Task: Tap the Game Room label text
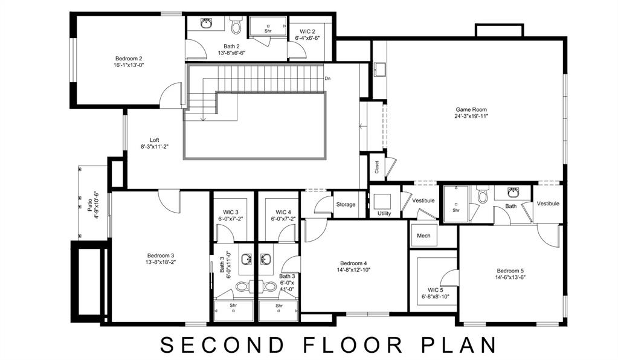click(471, 110)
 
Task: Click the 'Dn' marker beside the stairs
click(327, 79)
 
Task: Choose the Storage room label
click(346, 205)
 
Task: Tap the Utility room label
click(384, 214)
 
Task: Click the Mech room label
click(423, 236)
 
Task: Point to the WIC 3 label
click(230, 212)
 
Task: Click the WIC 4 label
click(283, 212)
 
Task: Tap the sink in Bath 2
click(207, 24)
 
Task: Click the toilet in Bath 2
click(236, 27)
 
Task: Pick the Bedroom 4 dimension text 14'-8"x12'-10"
click(353, 270)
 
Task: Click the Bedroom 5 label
click(510, 271)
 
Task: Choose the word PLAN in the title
click(457, 345)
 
